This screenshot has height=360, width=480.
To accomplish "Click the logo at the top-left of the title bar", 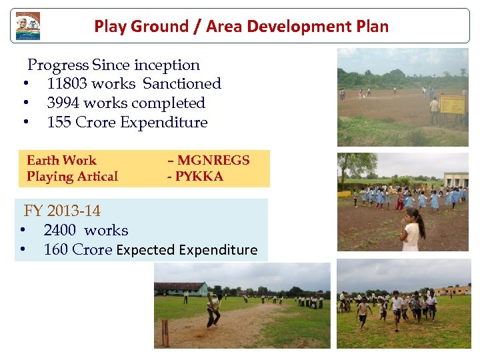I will click(x=28, y=26).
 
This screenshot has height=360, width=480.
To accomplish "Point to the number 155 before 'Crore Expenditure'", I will click(x=59, y=123).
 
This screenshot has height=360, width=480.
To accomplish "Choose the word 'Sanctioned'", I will click(x=182, y=84).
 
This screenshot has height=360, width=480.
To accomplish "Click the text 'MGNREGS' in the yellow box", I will click(x=213, y=161).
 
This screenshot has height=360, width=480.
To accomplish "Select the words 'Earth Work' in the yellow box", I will click(x=61, y=161).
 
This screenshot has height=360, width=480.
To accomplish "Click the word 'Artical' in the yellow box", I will click(x=97, y=177).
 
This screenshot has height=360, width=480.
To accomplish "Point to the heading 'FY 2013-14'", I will click(x=62, y=211).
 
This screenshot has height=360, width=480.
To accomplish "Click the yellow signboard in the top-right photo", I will click(x=452, y=105).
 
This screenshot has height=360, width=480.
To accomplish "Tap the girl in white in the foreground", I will click(x=412, y=230).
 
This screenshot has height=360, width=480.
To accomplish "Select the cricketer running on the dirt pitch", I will click(x=213, y=309).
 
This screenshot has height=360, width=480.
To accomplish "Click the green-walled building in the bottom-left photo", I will click(x=181, y=289).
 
